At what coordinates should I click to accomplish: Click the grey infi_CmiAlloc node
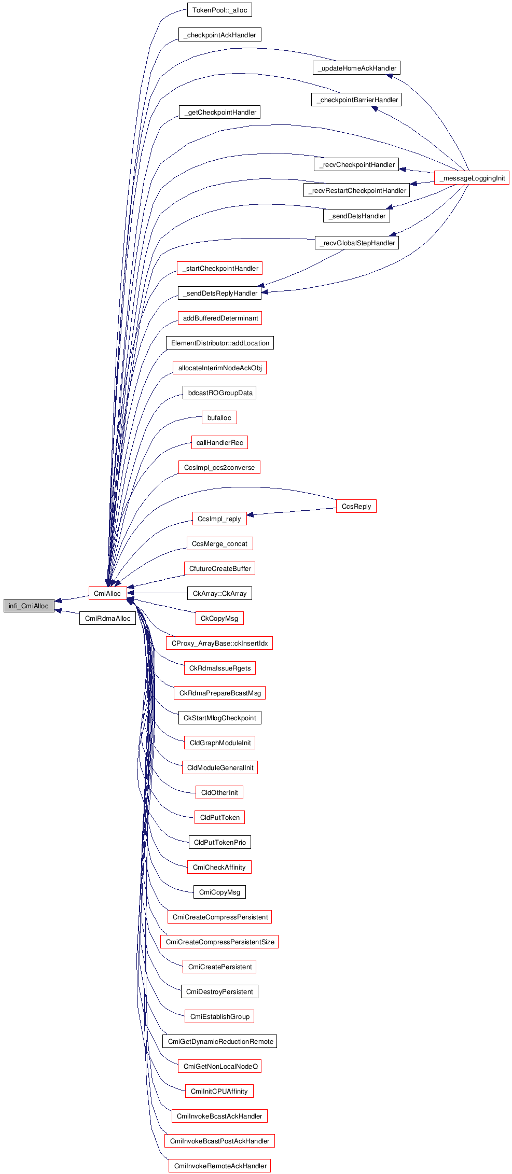pos(29,606)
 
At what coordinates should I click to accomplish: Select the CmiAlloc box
pos(107,593)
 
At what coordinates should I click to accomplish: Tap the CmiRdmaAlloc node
pos(107,618)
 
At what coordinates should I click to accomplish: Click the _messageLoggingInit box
pos(472,178)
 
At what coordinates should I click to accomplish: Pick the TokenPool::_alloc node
pos(219,10)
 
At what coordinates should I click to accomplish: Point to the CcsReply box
pos(356,506)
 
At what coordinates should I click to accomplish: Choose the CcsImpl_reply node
pos(219,519)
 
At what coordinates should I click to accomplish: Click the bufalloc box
pos(219,417)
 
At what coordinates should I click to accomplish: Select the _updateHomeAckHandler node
pos(357,68)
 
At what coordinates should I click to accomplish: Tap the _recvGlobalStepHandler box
pos(357,243)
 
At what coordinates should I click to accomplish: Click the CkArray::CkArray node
pos(219,593)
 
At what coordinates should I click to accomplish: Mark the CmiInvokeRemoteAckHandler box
pos(220,1166)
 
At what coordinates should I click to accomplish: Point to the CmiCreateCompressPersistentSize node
pos(220,942)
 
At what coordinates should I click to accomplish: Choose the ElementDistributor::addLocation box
pos(220,343)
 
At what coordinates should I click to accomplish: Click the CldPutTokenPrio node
pos(219,842)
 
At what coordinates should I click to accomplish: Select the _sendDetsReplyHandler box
pos(219,293)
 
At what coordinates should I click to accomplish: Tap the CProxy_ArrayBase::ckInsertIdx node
pos(219,643)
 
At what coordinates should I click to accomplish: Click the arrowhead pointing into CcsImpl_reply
pos(251,515)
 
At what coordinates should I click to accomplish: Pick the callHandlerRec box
pos(219,442)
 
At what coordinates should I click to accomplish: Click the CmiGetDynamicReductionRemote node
pos(220,1041)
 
